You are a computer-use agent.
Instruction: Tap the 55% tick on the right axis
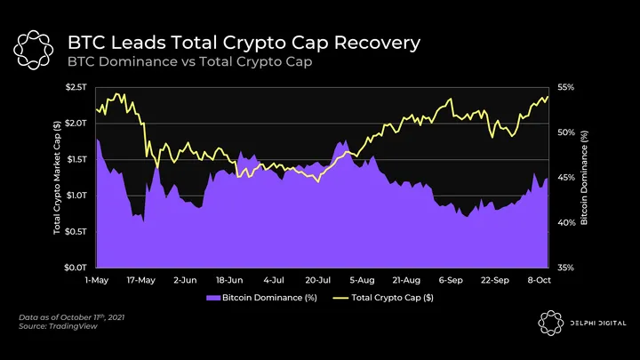point(567,87)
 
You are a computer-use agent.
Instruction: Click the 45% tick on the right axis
point(567,177)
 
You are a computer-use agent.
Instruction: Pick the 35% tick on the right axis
point(567,267)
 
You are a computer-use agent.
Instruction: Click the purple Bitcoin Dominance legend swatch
point(212,297)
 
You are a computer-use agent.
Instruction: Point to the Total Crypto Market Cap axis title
point(58,177)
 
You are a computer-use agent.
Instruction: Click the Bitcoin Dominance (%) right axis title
point(584,177)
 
